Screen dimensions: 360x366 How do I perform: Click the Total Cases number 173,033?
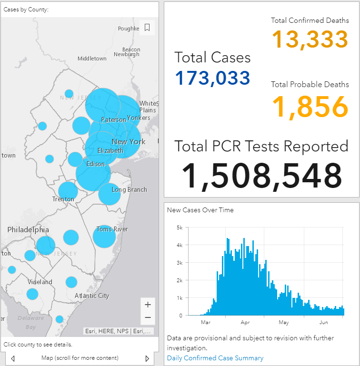(x=212, y=78)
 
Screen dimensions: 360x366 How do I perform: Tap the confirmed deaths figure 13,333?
(x=310, y=39)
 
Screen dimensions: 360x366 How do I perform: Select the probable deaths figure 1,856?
(x=310, y=107)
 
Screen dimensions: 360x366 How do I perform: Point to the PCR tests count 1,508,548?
(x=261, y=176)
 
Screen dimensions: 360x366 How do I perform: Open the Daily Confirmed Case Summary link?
(x=215, y=358)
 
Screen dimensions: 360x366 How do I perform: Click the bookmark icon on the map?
(x=147, y=28)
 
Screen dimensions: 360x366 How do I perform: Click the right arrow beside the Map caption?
(x=147, y=358)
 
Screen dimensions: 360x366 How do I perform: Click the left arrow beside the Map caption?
(x=13, y=358)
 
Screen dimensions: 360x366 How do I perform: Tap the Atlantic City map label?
(x=92, y=296)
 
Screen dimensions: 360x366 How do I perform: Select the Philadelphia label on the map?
(x=28, y=230)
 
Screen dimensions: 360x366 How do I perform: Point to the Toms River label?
(x=112, y=229)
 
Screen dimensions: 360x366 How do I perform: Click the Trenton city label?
(x=63, y=199)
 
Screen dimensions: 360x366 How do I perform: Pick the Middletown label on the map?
(x=92, y=59)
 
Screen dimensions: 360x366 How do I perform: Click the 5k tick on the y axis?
(x=180, y=228)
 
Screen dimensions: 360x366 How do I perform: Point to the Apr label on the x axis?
(x=245, y=323)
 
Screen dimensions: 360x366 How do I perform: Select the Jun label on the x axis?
(x=323, y=322)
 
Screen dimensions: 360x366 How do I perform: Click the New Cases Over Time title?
(x=200, y=210)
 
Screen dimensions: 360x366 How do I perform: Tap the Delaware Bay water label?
(x=30, y=322)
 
